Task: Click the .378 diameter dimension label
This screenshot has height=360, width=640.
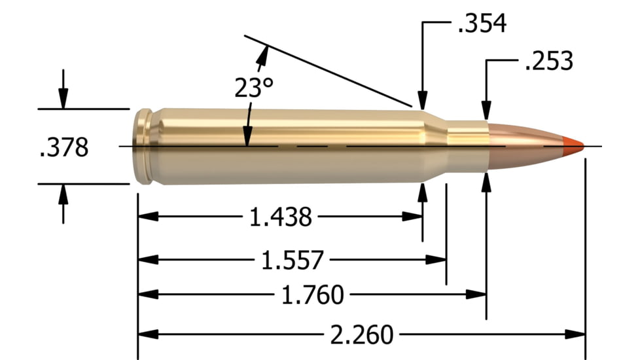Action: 64,147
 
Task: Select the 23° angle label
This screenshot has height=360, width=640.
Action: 253,87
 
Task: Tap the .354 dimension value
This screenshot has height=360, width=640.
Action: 482,24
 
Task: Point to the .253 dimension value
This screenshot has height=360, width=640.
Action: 548,62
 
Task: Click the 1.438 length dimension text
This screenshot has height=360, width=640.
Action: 281,217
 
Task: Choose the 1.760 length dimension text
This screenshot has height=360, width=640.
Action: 311,296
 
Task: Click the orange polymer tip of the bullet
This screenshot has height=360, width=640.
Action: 573,145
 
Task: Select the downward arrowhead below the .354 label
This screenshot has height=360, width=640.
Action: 423,99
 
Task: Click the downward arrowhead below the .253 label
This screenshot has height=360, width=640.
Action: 486,111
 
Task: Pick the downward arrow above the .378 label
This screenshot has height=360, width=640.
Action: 63,99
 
